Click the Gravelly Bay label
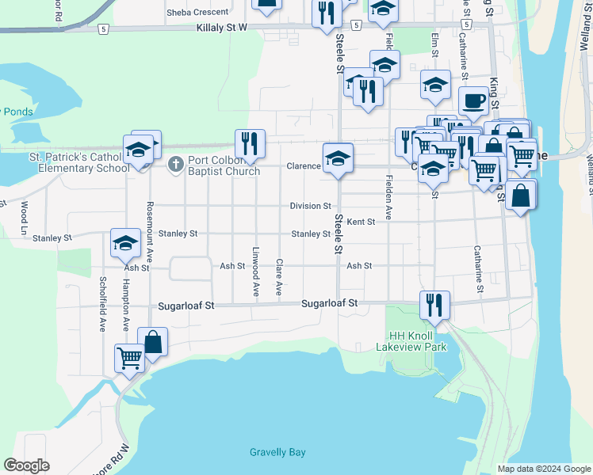click(277, 452)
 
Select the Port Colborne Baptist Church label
click(224, 166)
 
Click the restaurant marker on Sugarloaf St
click(434, 305)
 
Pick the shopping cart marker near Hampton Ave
click(129, 357)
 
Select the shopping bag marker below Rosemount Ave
click(152, 342)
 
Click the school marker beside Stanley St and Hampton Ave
click(125, 243)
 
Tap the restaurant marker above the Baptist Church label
click(250, 143)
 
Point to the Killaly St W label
click(221, 28)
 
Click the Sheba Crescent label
click(197, 13)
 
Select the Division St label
click(310, 206)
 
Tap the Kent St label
click(361, 222)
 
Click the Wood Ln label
click(25, 212)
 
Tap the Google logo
click(26, 465)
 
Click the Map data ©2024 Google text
click(543, 469)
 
